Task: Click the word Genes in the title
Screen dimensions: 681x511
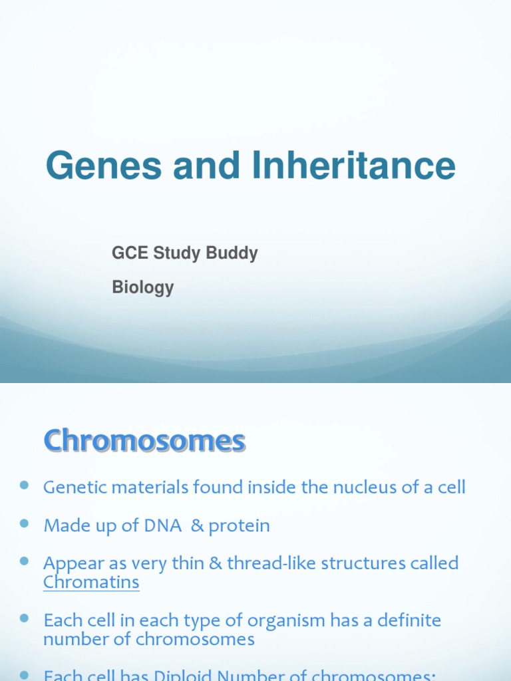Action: click(x=104, y=166)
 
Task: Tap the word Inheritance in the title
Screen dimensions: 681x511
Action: click(x=354, y=166)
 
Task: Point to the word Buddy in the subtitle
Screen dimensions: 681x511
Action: click(x=233, y=253)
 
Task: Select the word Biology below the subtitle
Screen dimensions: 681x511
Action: click(x=142, y=288)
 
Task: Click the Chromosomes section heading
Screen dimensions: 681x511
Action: click(x=144, y=441)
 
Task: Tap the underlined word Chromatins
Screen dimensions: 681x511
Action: click(x=91, y=583)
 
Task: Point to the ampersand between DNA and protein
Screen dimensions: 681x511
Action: click(x=197, y=526)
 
